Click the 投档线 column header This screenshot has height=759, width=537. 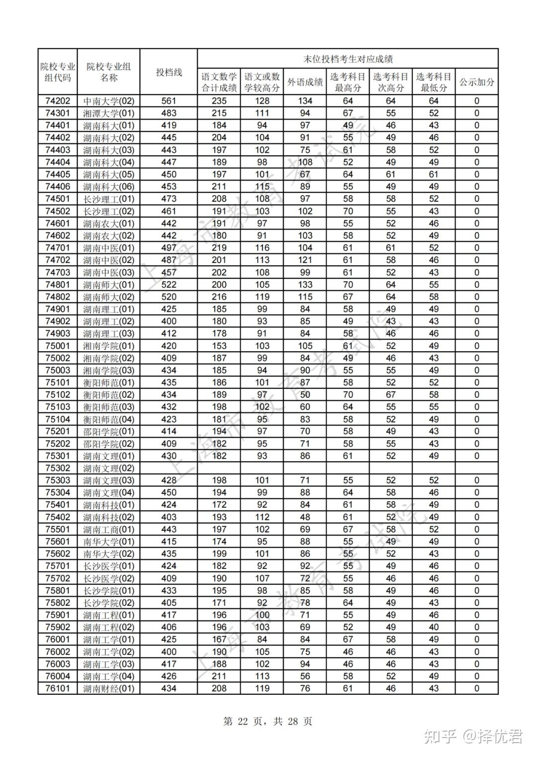[x=169, y=72]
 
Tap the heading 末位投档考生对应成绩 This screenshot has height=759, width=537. [x=348, y=59]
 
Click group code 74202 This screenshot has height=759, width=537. [x=58, y=101]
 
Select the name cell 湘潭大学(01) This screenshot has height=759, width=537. [x=108, y=113]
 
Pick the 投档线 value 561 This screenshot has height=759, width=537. [x=169, y=101]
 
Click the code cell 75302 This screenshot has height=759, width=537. [x=58, y=468]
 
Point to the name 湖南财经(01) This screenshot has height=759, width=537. [x=108, y=689]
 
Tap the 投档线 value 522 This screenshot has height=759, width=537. [x=169, y=285]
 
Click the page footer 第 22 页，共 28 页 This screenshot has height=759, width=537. [x=268, y=721]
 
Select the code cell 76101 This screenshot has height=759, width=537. [x=58, y=689]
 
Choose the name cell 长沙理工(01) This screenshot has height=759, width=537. [x=108, y=199]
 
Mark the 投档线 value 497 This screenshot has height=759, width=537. [x=169, y=248]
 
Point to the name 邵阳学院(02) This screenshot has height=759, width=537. [x=108, y=444]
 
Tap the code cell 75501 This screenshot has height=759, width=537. [x=58, y=529]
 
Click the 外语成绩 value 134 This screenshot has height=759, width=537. [x=305, y=101]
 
